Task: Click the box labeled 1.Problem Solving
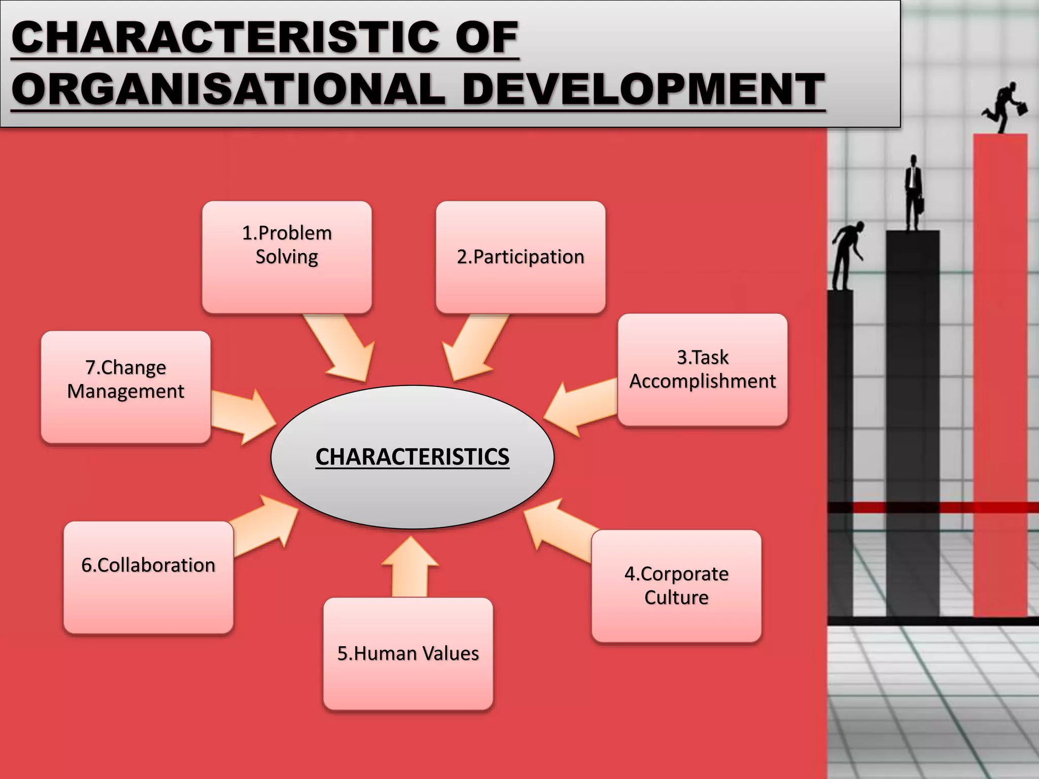(x=287, y=257)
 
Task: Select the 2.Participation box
(x=521, y=257)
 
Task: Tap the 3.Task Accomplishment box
(x=703, y=370)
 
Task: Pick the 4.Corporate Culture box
(x=676, y=586)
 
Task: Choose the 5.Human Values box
(x=408, y=653)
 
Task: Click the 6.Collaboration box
(x=148, y=577)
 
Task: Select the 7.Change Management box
(x=126, y=387)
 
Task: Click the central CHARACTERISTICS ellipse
(x=412, y=456)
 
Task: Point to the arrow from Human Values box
(x=410, y=568)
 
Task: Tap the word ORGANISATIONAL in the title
(x=228, y=90)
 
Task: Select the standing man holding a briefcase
(x=913, y=193)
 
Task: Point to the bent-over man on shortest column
(x=846, y=254)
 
